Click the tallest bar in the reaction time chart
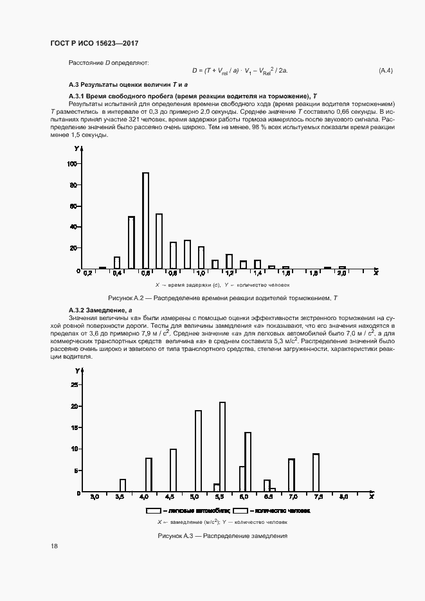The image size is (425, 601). coord(145,220)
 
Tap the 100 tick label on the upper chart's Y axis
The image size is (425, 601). coord(72,164)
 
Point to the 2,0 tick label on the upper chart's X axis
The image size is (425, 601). coord(342,273)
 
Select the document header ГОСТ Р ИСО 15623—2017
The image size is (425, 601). coord(95,43)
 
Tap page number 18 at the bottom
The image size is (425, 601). coord(55,546)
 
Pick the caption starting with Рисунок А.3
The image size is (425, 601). coord(222,535)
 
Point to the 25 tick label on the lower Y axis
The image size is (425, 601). coord(74,384)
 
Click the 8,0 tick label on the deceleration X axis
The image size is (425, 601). coord(343,498)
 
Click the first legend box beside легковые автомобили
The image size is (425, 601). coord(153,510)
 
